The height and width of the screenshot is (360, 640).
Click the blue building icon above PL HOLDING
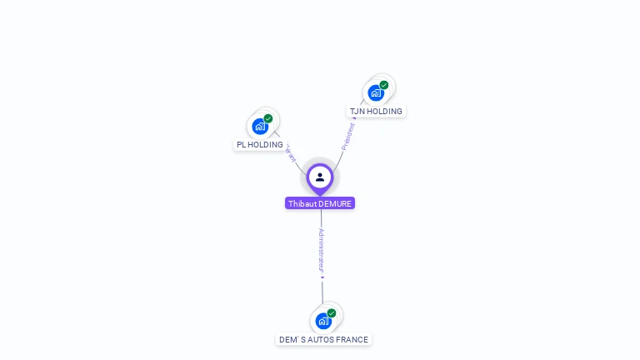(x=260, y=127)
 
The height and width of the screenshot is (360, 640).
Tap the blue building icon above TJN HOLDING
(x=376, y=92)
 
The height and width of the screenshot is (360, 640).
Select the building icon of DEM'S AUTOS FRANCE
(x=323, y=321)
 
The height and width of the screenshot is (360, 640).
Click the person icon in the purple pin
(x=320, y=177)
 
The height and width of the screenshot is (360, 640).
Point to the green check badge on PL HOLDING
(x=268, y=118)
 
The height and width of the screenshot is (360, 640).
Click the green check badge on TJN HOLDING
(x=384, y=85)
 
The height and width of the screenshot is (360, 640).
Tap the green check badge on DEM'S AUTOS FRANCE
(x=332, y=313)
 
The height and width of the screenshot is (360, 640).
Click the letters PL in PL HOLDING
(x=242, y=145)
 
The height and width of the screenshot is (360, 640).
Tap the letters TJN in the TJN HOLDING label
(x=357, y=112)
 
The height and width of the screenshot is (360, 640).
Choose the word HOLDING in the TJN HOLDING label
(x=385, y=112)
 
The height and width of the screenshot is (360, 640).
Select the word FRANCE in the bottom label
(x=352, y=340)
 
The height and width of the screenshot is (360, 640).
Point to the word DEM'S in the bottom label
(x=290, y=340)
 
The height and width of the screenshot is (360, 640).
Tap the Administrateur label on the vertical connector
(x=321, y=249)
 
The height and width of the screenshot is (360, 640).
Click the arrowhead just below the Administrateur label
(x=322, y=277)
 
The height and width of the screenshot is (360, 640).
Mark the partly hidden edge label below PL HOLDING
(x=290, y=155)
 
